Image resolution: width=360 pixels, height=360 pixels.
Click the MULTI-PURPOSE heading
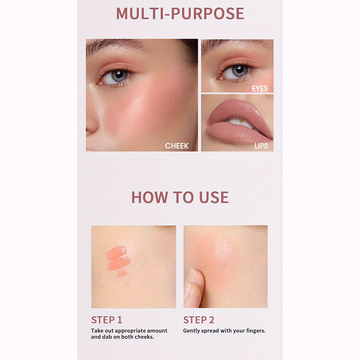click(x=180, y=14)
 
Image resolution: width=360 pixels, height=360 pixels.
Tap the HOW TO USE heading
click(x=180, y=197)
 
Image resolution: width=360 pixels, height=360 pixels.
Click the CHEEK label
click(x=176, y=146)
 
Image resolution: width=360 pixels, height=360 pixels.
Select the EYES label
click(x=260, y=89)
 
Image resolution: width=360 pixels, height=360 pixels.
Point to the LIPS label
click(x=261, y=146)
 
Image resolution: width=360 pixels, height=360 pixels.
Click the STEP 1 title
click(x=107, y=320)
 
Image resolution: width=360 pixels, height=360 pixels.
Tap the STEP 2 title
click(x=199, y=320)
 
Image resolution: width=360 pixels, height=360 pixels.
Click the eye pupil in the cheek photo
click(x=119, y=75)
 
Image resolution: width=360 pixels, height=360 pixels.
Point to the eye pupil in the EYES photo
click(x=240, y=69)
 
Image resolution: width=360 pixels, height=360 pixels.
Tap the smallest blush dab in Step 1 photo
click(x=122, y=273)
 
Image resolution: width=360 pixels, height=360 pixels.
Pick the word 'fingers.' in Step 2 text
click(x=256, y=331)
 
